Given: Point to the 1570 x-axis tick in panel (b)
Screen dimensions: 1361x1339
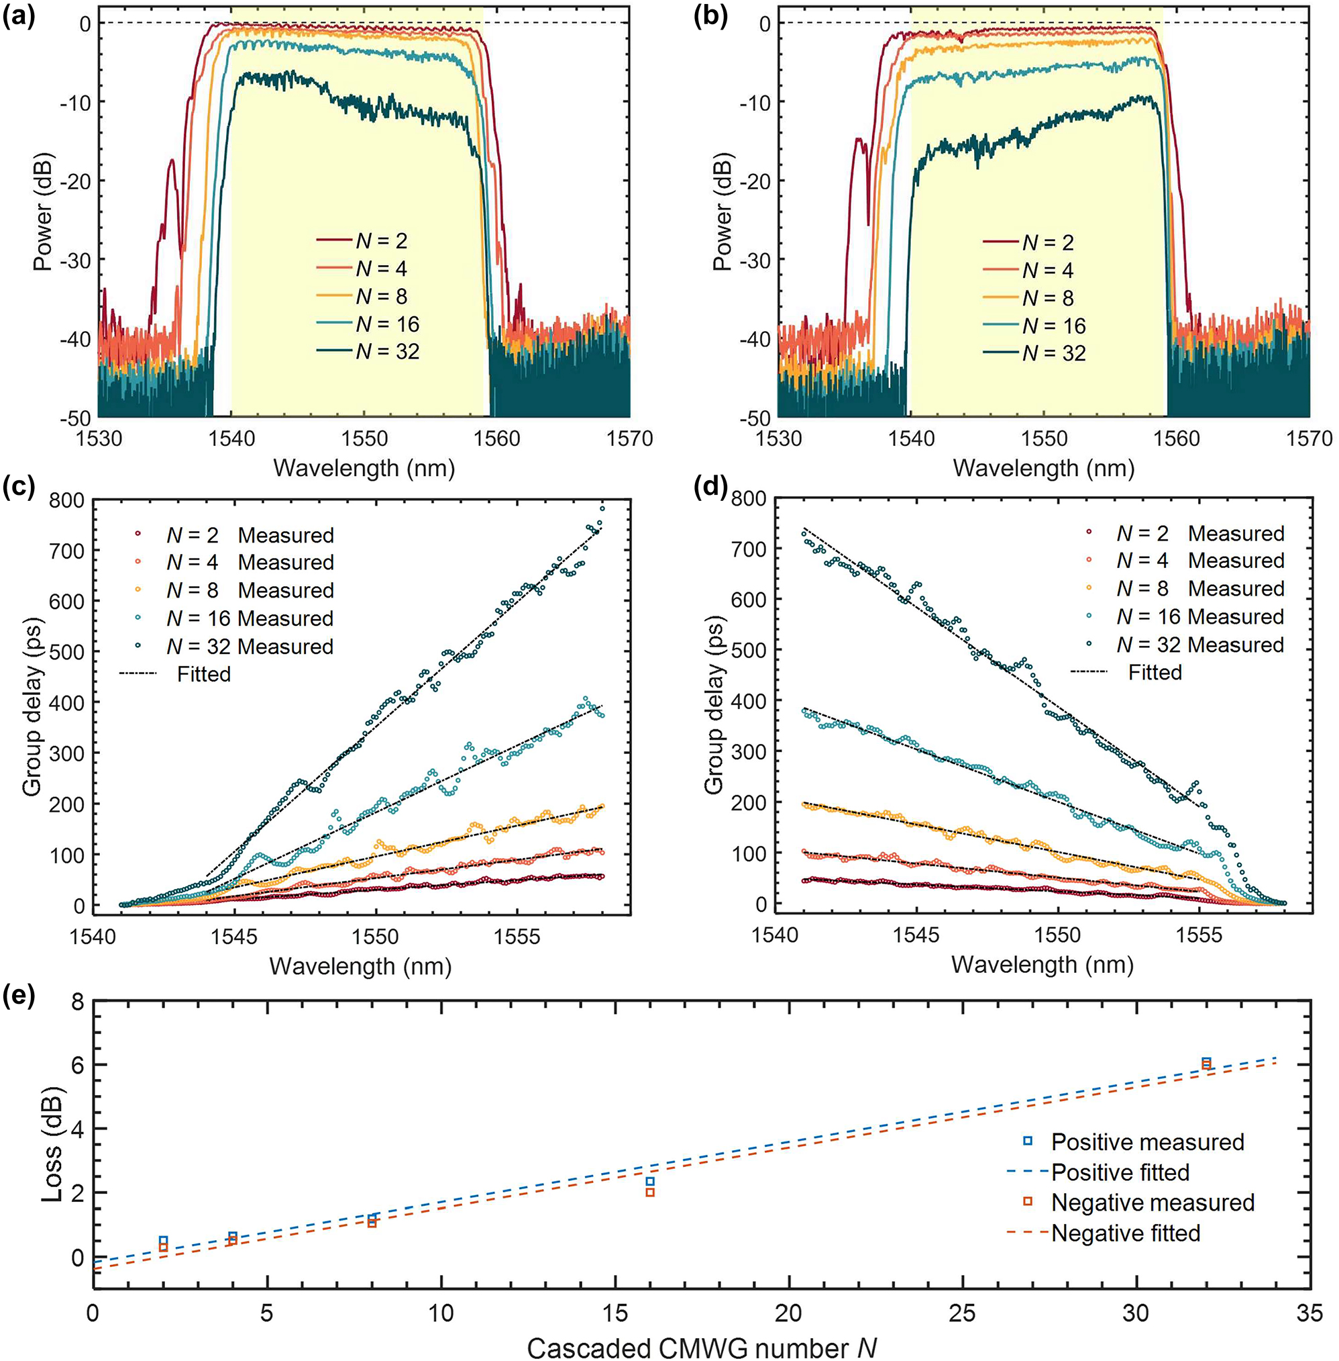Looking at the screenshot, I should point(1310,439).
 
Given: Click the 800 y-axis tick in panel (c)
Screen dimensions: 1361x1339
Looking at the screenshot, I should point(66,501).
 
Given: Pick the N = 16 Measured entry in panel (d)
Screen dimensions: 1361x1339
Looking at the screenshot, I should point(1199,616).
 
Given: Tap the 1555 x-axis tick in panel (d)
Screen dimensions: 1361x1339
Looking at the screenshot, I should point(1199,935).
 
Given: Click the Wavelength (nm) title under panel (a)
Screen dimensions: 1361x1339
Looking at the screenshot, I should point(364,468).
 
